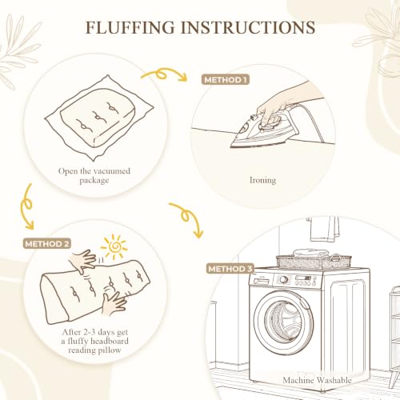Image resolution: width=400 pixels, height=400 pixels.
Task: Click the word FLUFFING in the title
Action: click(130, 27)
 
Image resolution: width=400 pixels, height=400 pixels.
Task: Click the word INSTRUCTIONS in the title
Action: click(248, 27)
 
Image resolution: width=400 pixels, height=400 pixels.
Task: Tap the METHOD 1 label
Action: click(226, 80)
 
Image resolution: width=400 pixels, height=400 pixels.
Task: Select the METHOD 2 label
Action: click(47, 244)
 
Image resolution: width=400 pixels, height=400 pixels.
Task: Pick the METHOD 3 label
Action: click(230, 269)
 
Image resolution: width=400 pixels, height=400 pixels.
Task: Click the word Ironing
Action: click(262, 180)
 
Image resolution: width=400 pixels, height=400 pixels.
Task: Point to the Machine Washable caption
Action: click(317, 380)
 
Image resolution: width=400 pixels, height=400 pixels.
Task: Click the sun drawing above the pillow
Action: click(114, 246)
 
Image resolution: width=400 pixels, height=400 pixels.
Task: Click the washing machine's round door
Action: click(283, 322)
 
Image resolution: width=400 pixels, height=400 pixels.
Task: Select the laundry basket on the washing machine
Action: click(314, 262)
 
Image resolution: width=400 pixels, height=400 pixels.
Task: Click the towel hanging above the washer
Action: click(324, 230)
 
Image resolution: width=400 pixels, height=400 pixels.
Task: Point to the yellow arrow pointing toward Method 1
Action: click(163, 73)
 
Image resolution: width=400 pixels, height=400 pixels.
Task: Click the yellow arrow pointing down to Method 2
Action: click(26, 206)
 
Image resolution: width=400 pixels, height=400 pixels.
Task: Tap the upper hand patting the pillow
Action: click(82, 261)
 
